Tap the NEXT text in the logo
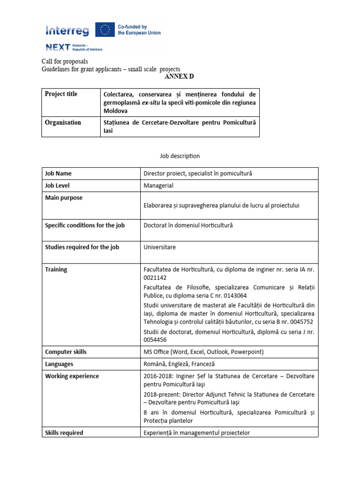pyautogui.click(x=58, y=47)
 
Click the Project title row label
pyautogui.click(x=61, y=94)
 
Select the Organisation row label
pyautogui.click(x=63, y=122)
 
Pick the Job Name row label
pyautogui.click(x=58, y=173)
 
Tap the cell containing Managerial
pyautogui.click(x=158, y=186)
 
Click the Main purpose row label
pyautogui.click(x=64, y=198)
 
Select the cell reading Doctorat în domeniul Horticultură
pyautogui.click(x=188, y=225)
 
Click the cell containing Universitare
pyautogui.click(x=160, y=247)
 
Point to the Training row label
pyautogui.click(x=56, y=270)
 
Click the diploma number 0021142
pyautogui.click(x=155, y=277)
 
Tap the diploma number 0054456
pyautogui.click(x=155, y=339)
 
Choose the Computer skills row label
pyautogui.click(x=66, y=352)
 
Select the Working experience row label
pyautogui.click(x=72, y=376)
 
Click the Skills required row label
pyautogui.click(x=64, y=433)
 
